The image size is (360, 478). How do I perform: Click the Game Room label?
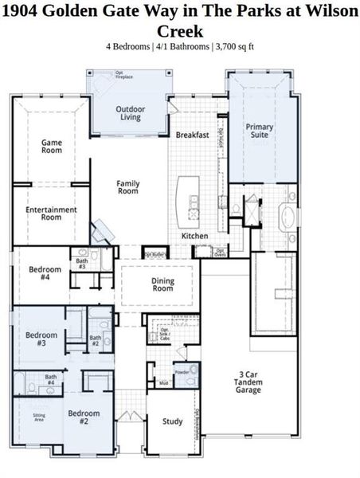click(x=52, y=146)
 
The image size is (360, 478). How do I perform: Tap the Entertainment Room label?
click(x=51, y=213)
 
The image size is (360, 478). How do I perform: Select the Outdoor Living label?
click(x=130, y=113)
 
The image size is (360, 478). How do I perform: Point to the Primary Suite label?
click(x=260, y=131)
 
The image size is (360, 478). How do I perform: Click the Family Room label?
click(x=128, y=187)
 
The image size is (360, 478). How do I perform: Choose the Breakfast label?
click(x=192, y=135)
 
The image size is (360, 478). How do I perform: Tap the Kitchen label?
click(x=195, y=236)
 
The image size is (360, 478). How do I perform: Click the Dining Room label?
click(x=162, y=284)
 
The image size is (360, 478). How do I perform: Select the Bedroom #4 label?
click(x=45, y=273)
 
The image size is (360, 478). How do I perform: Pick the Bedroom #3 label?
click(x=41, y=339)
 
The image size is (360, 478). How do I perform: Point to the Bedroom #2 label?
click(x=84, y=417)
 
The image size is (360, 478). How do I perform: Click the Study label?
click(x=172, y=421)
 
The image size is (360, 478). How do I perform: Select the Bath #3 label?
click(x=82, y=264)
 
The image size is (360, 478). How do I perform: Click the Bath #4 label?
click(x=50, y=380)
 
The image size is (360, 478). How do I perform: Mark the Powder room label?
click(x=182, y=372)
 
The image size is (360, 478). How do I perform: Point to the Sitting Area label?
click(x=39, y=418)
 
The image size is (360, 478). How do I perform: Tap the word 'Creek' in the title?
click(x=179, y=31)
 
